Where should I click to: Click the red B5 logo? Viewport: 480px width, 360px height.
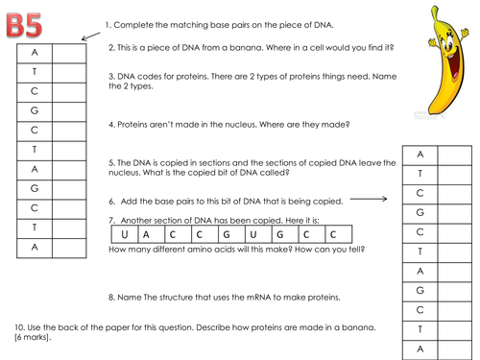[24, 25]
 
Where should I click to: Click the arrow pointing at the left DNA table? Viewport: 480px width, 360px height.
[91, 36]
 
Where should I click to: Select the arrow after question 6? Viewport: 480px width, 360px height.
[369, 199]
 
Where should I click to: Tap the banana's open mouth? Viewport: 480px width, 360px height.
[455, 63]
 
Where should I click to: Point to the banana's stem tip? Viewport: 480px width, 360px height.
[434, 8]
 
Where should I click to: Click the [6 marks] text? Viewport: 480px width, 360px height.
[33, 337]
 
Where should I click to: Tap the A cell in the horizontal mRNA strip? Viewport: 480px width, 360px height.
[152, 234]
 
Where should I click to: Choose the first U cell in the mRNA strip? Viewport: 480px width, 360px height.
[125, 234]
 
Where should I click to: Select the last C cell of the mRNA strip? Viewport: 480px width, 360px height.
[339, 234]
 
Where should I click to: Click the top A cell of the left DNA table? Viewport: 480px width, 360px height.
[35, 53]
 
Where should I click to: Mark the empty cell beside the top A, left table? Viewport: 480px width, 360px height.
[69, 53]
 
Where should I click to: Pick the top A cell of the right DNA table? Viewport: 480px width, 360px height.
[420, 156]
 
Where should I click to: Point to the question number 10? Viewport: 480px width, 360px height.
[19, 327]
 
